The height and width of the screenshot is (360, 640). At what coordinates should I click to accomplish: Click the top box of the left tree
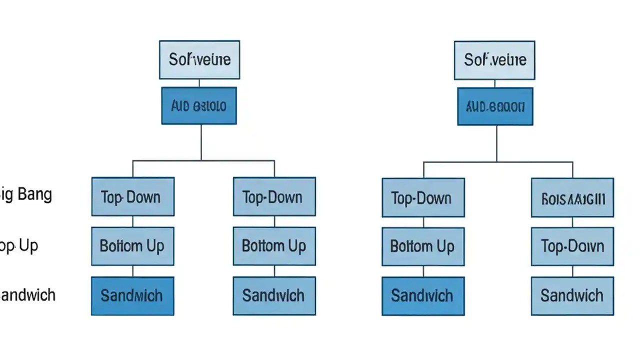[199, 60]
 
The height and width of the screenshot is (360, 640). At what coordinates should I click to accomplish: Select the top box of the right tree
[494, 60]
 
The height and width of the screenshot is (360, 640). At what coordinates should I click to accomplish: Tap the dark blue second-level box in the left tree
[199, 106]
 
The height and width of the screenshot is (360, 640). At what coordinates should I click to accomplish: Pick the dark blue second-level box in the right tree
[495, 106]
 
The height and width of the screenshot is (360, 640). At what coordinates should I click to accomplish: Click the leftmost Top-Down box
[132, 196]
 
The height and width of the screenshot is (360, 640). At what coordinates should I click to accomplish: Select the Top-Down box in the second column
[274, 196]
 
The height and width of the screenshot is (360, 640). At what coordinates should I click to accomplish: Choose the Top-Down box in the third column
[423, 198]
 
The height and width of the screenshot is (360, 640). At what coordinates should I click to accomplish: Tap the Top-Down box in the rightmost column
[572, 246]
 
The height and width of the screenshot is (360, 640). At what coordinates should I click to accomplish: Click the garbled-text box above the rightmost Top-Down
[572, 198]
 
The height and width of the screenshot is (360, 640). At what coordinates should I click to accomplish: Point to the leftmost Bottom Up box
[132, 246]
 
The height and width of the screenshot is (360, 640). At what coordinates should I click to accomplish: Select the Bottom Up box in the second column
[274, 246]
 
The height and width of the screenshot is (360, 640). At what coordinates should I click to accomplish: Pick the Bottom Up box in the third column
[423, 246]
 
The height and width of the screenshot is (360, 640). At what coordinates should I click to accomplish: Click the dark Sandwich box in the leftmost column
[132, 295]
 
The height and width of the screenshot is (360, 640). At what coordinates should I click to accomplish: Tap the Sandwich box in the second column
[274, 295]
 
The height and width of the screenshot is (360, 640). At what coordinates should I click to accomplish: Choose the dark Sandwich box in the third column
[423, 296]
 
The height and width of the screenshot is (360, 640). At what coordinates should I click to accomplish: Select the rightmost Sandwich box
[572, 296]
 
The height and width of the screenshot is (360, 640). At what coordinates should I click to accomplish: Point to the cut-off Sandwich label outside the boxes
[27, 295]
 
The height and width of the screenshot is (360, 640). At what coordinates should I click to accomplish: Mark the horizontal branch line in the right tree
[498, 162]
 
